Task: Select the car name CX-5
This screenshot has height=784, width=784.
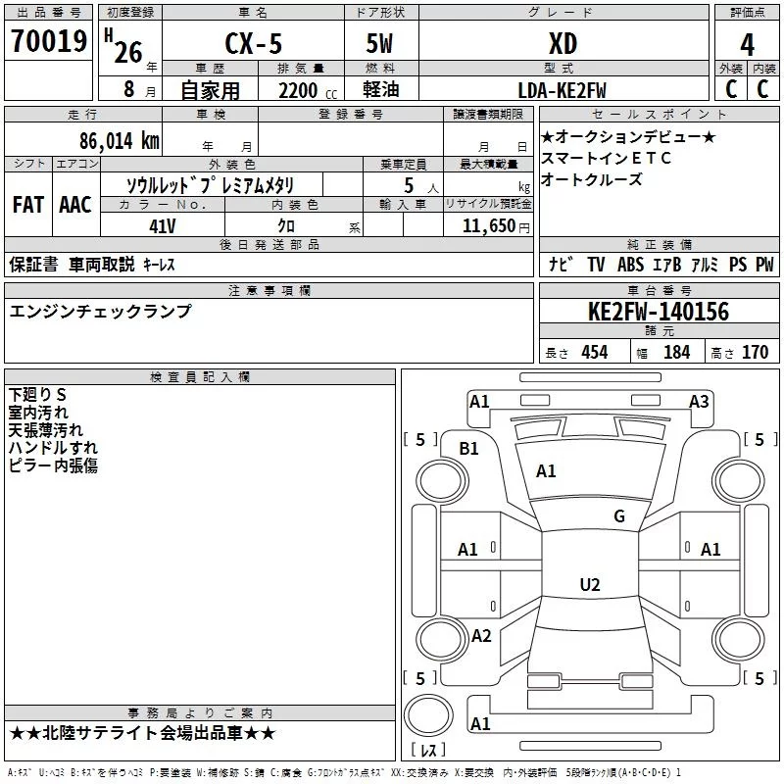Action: (x=257, y=44)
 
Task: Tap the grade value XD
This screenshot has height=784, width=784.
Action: (x=563, y=44)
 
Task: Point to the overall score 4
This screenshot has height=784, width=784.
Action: (x=748, y=45)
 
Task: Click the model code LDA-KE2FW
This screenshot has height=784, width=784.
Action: (x=563, y=90)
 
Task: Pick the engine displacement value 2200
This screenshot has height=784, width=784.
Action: (x=299, y=90)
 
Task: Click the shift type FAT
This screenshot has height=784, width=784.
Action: (x=27, y=205)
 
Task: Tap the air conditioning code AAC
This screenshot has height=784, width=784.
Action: (x=75, y=205)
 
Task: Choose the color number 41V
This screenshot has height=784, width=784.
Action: (x=163, y=225)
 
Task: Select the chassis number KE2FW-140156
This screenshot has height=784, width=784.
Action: (x=659, y=312)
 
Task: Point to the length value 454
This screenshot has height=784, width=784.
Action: (x=594, y=352)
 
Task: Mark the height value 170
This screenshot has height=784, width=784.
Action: (x=755, y=352)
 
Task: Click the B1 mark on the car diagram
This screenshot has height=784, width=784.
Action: (x=469, y=448)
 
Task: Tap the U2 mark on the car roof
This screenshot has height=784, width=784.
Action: (x=589, y=585)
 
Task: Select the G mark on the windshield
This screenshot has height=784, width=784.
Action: (x=618, y=516)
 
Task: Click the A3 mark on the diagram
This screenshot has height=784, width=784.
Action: (x=699, y=401)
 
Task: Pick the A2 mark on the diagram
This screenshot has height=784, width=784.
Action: (x=481, y=635)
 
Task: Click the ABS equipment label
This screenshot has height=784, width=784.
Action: (x=630, y=265)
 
